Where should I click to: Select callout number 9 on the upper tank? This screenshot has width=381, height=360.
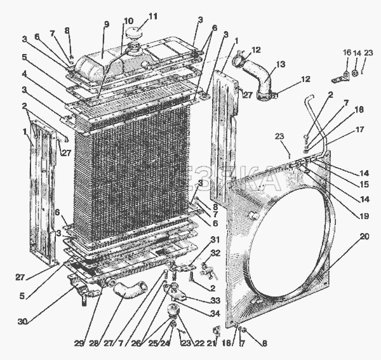click(x=107, y=24)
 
